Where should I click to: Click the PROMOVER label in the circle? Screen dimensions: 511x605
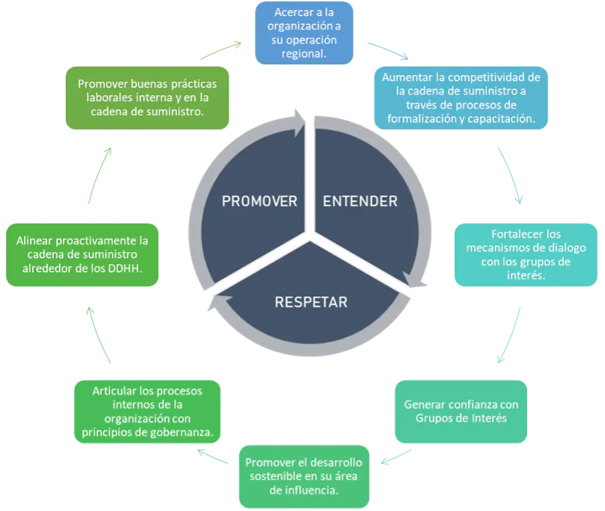coord(260,201)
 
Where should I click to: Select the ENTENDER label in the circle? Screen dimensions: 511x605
coord(360,201)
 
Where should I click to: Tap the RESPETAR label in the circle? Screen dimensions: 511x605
coord(311,302)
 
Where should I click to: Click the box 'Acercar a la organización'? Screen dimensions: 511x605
coord(304,33)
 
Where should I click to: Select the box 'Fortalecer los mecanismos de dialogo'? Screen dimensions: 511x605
coord(526,255)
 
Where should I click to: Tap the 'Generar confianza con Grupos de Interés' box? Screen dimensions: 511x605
coord(460,412)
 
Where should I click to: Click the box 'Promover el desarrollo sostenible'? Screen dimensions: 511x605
coord(304,476)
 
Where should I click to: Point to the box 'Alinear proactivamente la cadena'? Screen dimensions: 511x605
coord(82,255)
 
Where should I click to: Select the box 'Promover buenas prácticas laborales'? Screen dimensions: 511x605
coord(147,98)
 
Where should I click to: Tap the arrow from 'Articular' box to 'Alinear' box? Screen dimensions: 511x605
coord(100,335)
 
